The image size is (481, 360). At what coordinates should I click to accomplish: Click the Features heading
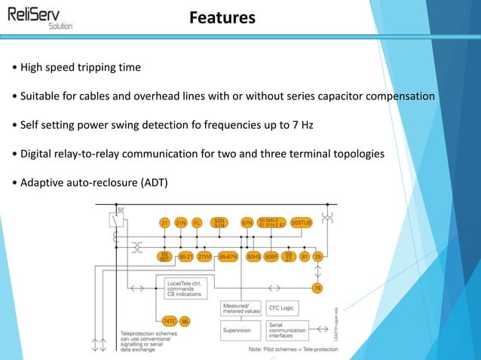coord(222,17)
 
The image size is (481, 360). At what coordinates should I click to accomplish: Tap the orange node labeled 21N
coord(181,223)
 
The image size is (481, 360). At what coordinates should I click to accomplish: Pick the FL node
coord(198,223)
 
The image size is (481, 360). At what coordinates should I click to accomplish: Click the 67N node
coord(247,223)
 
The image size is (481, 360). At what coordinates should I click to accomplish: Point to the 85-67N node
coord(228,257)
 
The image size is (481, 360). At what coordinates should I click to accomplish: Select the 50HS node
coord(254,257)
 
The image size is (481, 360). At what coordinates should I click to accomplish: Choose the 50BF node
coord(272,257)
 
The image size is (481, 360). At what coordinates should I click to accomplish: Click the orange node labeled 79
coord(317,288)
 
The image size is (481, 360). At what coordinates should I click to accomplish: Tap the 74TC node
coord(170,321)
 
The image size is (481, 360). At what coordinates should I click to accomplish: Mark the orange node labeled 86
coord(185,321)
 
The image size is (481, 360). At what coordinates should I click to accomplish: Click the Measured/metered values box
coord(241,308)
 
